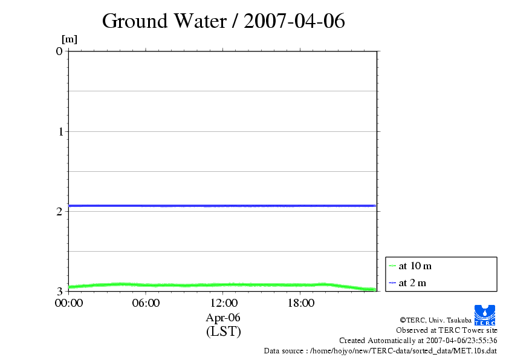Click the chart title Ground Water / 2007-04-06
(223, 21)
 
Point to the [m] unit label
(70, 39)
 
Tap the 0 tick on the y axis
(59, 51)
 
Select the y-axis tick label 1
(59, 131)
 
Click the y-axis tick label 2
(59, 211)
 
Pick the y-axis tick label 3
(59, 291)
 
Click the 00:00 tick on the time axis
(68, 303)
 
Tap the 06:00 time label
(146, 303)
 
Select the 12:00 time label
(223, 303)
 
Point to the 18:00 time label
(300, 303)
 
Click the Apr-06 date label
(223, 317)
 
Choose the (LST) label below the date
(223, 331)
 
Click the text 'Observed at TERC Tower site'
(447, 330)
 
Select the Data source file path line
(380, 351)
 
